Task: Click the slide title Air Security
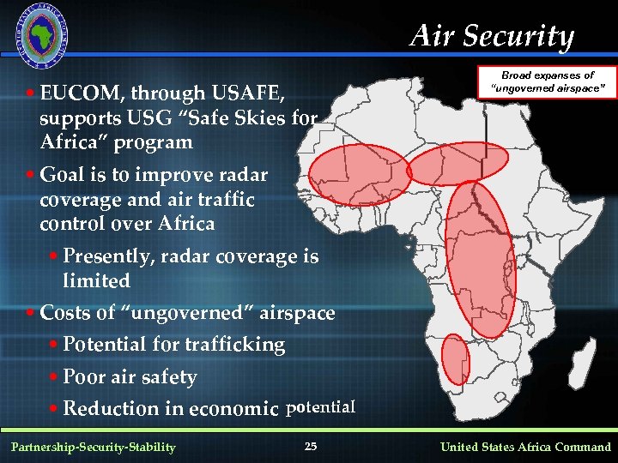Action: tap(492, 36)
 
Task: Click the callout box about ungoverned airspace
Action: tap(548, 82)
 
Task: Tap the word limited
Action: tap(96, 281)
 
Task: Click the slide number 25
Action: tap(311, 446)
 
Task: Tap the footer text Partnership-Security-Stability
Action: tap(94, 447)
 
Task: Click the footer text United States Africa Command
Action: tap(525, 447)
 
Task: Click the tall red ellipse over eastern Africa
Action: tap(481, 257)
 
